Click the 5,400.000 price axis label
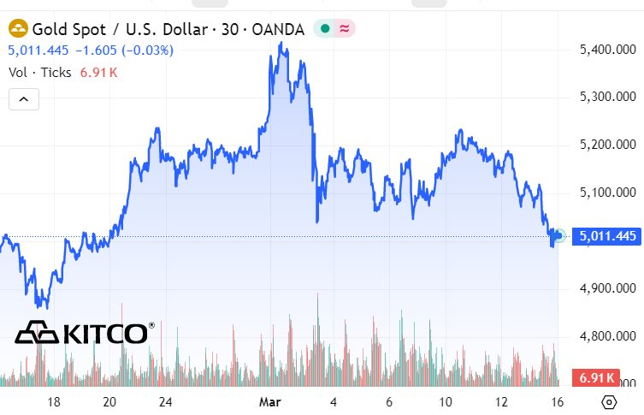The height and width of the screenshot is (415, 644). (606, 50)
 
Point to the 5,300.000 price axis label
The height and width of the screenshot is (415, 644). (606, 97)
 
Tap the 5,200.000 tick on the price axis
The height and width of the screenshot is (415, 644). (606, 145)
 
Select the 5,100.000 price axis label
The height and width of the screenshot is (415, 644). (606, 193)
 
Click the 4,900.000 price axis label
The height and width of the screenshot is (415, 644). (606, 288)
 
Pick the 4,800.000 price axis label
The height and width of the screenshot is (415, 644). (606, 336)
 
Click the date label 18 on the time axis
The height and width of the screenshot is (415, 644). (54, 401)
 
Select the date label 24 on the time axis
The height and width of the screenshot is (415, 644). (166, 401)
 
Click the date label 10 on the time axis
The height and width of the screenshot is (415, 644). (445, 401)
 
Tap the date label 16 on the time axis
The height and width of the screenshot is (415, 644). (557, 401)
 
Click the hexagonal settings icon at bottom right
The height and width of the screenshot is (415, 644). (609, 401)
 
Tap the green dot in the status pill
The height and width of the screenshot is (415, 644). (324, 29)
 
